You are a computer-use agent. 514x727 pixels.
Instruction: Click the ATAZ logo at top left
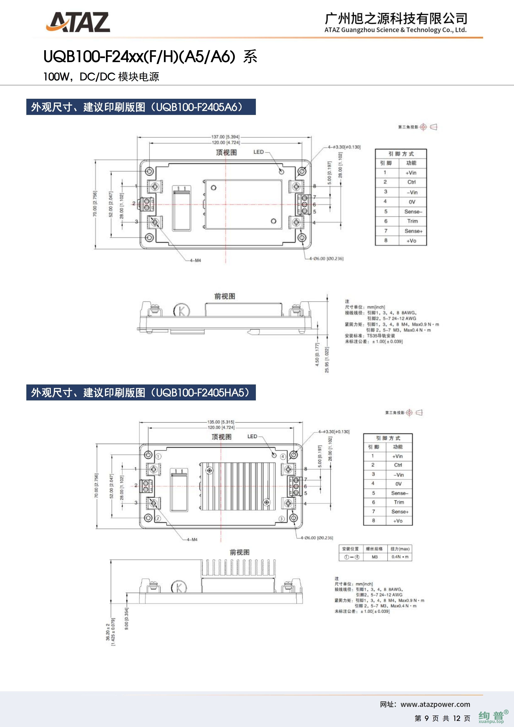(x=78, y=22)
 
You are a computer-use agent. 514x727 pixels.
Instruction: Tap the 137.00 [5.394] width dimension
(x=225, y=137)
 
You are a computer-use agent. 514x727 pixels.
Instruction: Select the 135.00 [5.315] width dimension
(x=221, y=422)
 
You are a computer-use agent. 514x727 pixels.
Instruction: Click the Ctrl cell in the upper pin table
(x=411, y=182)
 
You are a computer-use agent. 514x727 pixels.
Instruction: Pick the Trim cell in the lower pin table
(x=399, y=502)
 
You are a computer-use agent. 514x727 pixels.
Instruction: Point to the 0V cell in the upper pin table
(x=412, y=202)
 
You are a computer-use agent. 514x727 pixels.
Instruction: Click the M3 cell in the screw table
(x=375, y=557)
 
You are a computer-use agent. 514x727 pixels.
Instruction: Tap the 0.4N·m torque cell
(x=400, y=557)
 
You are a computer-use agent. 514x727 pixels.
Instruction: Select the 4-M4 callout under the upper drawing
(x=195, y=260)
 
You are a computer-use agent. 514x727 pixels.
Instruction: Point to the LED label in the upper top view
(x=259, y=152)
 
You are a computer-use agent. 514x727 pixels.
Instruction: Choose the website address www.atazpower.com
(x=435, y=704)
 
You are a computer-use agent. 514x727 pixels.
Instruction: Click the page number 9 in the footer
(x=426, y=718)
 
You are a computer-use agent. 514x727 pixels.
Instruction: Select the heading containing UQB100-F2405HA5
(x=141, y=393)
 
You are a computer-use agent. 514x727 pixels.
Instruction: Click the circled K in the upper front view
(x=182, y=311)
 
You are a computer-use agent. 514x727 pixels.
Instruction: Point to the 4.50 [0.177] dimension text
(x=317, y=355)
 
